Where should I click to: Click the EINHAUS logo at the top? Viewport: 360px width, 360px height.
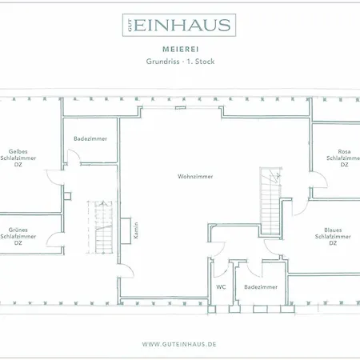180,26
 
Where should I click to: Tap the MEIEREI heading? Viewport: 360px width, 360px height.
179,47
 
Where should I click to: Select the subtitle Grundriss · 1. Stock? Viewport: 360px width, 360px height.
179,61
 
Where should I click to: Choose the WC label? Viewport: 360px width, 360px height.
221,286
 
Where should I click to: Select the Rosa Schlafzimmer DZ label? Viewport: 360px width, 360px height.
344,158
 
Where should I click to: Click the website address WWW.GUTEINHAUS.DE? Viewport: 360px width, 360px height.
179,344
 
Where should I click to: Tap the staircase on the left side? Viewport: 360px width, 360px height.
102,226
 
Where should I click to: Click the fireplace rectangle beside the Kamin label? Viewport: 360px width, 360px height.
125,229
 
